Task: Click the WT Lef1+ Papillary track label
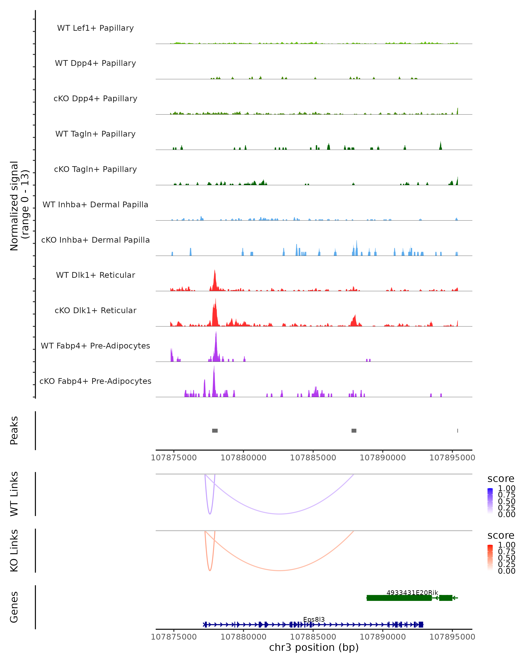[95, 28]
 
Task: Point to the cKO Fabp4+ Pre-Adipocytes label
[95, 381]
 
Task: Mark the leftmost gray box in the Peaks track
[215, 431]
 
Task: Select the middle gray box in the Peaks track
[354, 431]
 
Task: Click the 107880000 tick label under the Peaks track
[244, 458]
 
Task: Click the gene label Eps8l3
[314, 619]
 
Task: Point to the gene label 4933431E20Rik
[412, 593]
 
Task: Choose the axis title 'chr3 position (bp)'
[314, 647]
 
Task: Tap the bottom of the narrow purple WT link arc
[210, 514]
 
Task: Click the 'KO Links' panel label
[14, 551]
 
